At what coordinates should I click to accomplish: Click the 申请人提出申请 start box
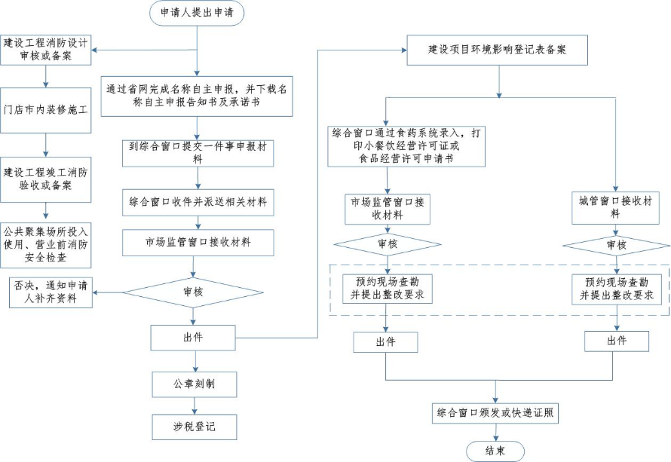[x=198, y=13]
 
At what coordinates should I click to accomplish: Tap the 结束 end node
[x=495, y=450]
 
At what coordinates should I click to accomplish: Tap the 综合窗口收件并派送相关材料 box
[x=198, y=202]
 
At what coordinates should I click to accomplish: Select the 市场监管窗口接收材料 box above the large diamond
[x=198, y=243]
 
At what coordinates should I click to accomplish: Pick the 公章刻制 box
[x=194, y=383]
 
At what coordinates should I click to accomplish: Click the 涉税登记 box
[x=194, y=427]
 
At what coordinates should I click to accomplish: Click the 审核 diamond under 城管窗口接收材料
[x=615, y=245]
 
